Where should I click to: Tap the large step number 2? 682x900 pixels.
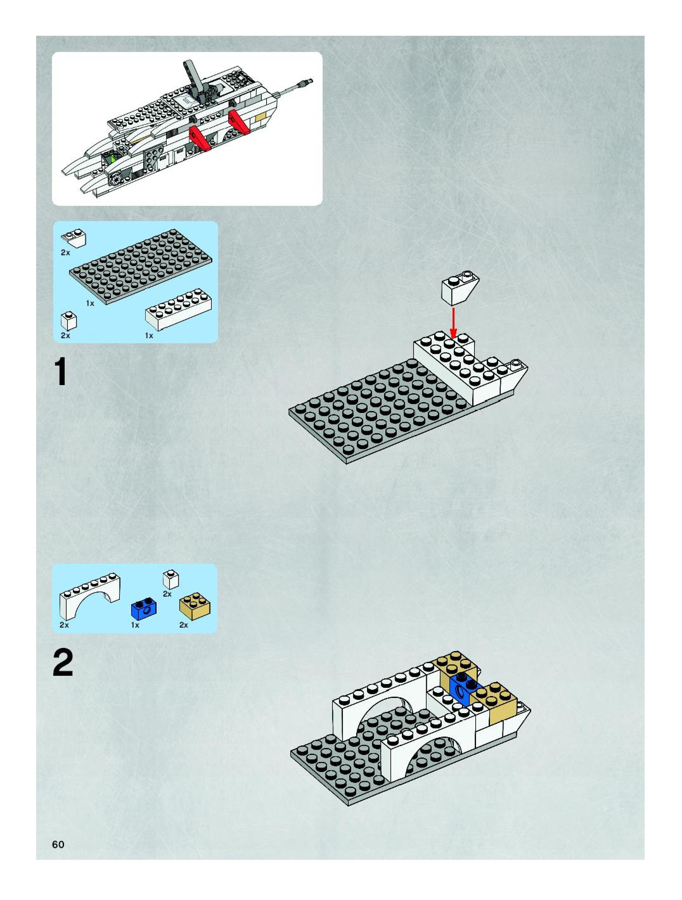(x=63, y=663)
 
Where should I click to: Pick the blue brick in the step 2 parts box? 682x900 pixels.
(x=144, y=609)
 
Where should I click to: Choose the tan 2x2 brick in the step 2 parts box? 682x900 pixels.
(x=195, y=606)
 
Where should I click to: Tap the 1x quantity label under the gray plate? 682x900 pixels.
(x=90, y=303)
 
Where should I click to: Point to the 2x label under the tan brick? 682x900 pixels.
(x=183, y=624)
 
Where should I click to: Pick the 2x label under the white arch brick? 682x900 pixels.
(x=64, y=624)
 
